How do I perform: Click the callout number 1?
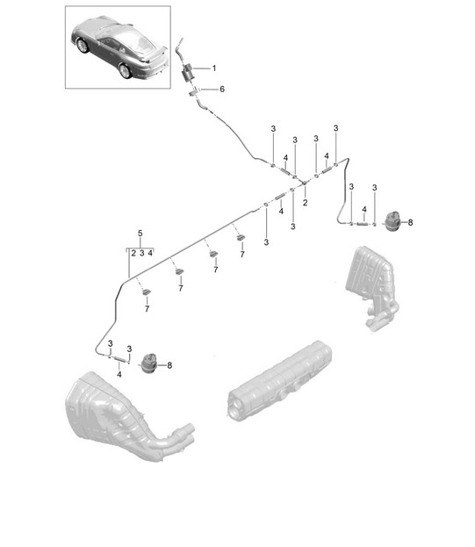[x=214, y=68]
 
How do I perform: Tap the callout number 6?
[x=222, y=90]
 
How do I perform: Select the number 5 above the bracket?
[x=140, y=233]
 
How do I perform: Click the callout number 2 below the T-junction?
[x=306, y=202]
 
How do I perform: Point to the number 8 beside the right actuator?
[x=410, y=222]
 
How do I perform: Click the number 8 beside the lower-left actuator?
[x=169, y=365]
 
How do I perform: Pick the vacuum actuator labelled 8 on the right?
[x=393, y=221]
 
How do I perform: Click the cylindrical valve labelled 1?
[x=188, y=73]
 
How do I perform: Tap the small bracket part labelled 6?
[x=193, y=93]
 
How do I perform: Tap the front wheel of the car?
[x=83, y=46]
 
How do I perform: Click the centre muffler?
[x=279, y=381]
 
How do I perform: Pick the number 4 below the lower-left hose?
[x=119, y=374]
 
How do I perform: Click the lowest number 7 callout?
[x=147, y=309]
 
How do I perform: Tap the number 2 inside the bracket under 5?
[x=133, y=253]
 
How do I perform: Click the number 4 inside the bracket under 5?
[x=150, y=253]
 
